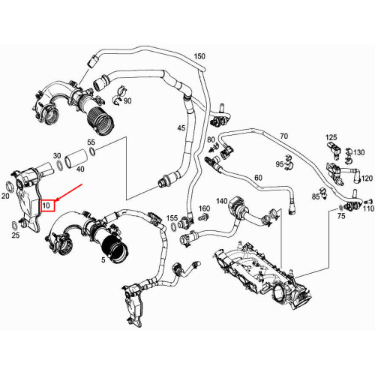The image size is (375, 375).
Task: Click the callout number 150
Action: tap(199, 56)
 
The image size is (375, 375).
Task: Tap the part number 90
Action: tap(127, 100)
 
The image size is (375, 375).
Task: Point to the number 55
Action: tap(91, 142)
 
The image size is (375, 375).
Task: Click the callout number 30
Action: tap(57, 156)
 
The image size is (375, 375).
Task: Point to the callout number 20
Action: tap(6, 196)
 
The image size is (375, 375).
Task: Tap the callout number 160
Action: tap(203, 208)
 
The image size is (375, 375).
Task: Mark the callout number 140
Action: tap(221, 201)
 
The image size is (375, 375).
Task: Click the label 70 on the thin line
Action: tap(283, 136)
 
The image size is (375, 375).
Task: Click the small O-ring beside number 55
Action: tap(91, 154)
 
